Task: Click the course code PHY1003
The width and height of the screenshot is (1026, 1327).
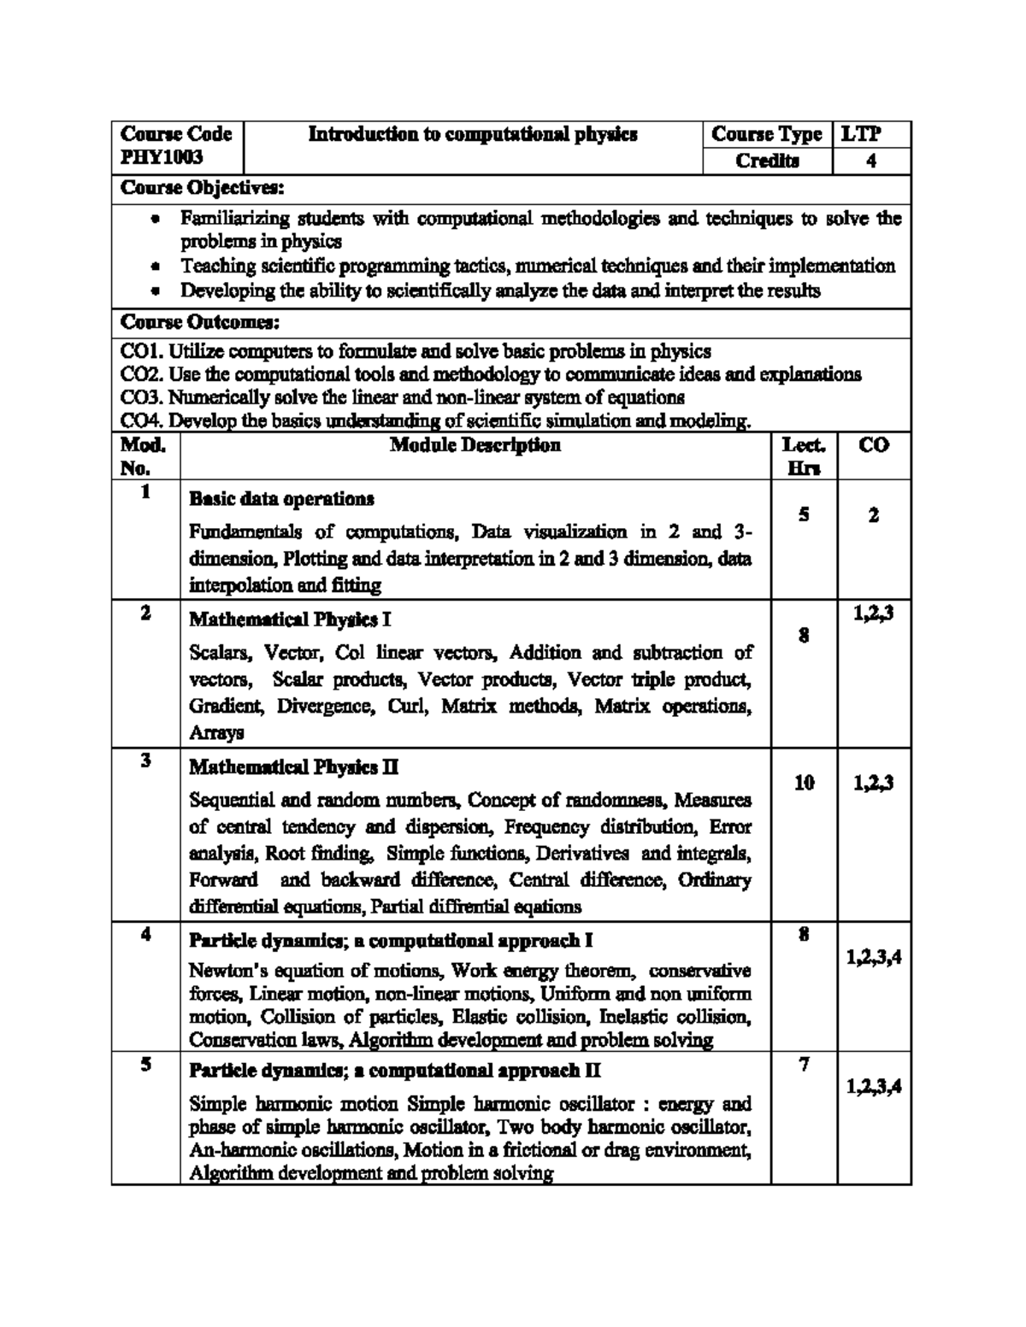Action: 162,158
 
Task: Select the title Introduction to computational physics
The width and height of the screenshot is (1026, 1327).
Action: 472,134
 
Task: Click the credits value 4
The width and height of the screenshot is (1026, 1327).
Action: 870,161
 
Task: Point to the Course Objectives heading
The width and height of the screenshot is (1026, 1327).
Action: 202,187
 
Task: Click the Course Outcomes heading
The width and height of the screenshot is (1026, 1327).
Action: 200,323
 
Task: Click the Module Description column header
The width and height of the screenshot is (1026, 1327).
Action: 475,445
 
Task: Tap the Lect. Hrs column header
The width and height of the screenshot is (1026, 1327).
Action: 804,455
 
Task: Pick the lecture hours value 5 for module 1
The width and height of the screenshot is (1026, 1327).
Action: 804,514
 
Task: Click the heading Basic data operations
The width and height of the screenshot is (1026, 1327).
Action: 281,498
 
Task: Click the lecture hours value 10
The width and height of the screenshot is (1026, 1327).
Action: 804,782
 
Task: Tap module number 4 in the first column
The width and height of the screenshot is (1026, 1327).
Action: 146,934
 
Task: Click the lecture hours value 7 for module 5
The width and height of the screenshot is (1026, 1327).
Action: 804,1065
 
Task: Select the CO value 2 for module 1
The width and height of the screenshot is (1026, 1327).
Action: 873,515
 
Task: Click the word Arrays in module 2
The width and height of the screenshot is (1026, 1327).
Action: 216,732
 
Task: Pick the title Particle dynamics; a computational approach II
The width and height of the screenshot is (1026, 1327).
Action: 394,1071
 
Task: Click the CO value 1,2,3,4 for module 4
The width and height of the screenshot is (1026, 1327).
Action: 874,959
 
